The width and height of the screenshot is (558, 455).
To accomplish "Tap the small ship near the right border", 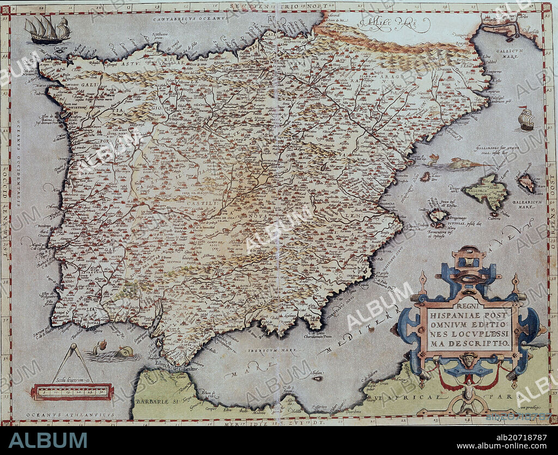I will tap(526, 119).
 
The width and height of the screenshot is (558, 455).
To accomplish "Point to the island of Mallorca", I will tap(486, 191).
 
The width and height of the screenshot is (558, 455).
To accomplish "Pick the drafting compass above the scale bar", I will tap(72, 363).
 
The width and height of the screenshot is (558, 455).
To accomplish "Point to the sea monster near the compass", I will tap(113, 352).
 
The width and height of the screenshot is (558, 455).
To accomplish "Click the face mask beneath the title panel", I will tap(468, 360).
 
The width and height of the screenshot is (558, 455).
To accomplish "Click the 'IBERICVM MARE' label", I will tap(265, 352).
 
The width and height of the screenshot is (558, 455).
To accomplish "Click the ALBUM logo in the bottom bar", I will tap(48, 440).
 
